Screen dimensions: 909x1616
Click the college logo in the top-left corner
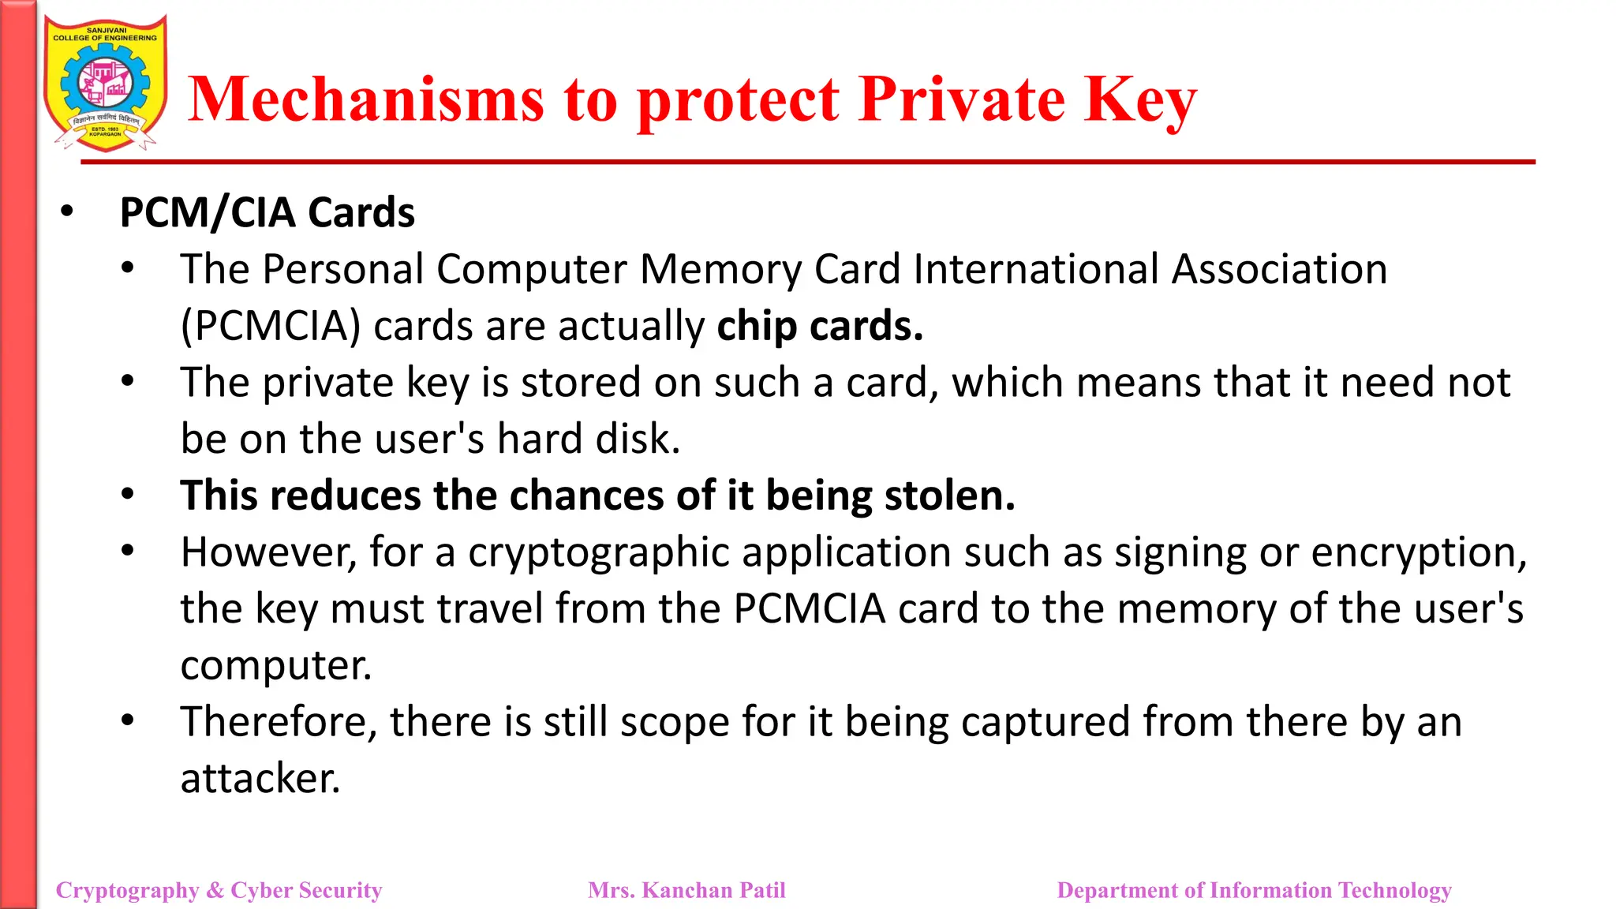click(x=105, y=84)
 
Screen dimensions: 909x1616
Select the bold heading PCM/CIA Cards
click(x=267, y=213)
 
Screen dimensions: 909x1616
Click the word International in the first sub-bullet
click(x=1036, y=270)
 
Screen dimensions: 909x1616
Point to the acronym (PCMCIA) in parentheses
click(x=271, y=327)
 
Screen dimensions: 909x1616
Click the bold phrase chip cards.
click(x=820, y=327)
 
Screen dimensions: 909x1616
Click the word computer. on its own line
click(x=275, y=666)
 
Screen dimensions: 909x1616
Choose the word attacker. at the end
click(x=260, y=779)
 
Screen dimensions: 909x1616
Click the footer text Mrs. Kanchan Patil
click(x=686, y=890)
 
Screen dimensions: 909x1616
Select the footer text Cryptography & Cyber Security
click(x=219, y=890)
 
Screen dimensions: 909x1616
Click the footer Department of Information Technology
click(x=1254, y=890)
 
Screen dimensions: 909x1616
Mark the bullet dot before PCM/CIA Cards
click(x=67, y=211)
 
